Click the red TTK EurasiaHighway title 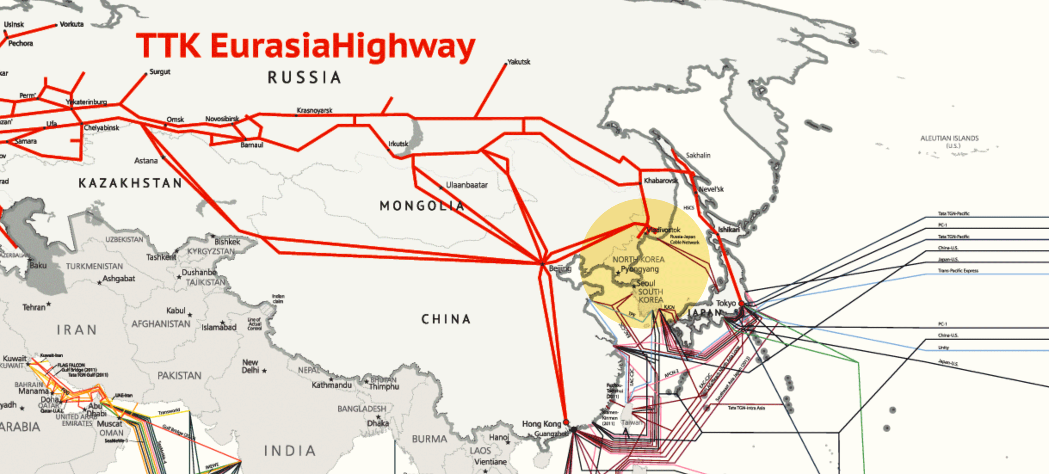[x=305, y=46]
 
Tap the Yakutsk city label [x=519, y=62]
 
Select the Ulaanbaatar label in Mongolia [x=466, y=185]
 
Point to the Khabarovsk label [x=660, y=181]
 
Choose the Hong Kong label [x=541, y=424]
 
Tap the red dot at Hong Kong [x=566, y=422]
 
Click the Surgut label [x=160, y=72]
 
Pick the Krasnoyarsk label [x=315, y=111]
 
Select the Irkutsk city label [x=398, y=144]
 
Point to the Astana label [x=146, y=161]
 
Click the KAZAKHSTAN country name [x=130, y=183]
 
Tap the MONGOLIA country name [x=422, y=206]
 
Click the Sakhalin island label [x=698, y=155]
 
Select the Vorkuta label [x=71, y=24]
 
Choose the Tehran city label [x=34, y=307]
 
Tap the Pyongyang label [x=639, y=269]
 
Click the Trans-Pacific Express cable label [x=958, y=271]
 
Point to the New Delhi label [x=250, y=366]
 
